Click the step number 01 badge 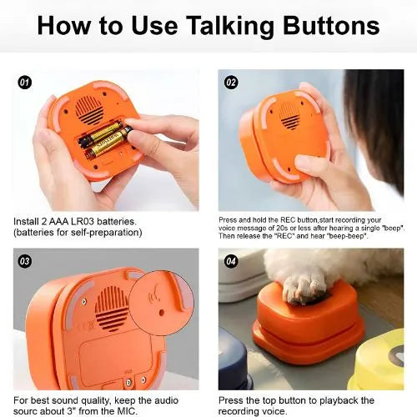(x=25, y=83)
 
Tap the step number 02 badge (x=231, y=83)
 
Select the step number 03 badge (x=25, y=261)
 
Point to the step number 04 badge (x=231, y=261)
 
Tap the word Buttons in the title (x=331, y=26)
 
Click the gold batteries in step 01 (x=105, y=141)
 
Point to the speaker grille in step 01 (x=89, y=111)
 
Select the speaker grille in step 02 (x=289, y=116)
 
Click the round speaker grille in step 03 (x=111, y=308)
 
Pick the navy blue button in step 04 (x=235, y=360)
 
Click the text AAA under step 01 (x=59, y=222)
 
